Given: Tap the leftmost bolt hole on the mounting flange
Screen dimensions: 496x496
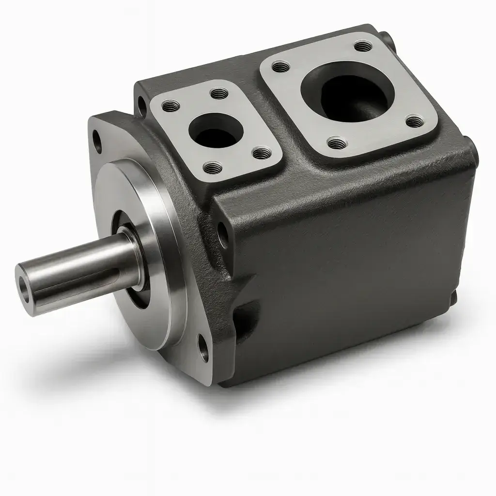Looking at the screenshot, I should click(97, 141).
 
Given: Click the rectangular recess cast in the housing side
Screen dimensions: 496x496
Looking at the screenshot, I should click(247, 315).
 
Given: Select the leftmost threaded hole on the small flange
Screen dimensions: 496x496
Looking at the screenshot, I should click(170, 105).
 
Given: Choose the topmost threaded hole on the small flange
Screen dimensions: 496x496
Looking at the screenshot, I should click(219, 93).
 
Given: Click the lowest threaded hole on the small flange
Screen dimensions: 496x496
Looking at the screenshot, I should click(213, 168).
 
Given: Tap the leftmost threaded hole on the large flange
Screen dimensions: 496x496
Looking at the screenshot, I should click(280, 66).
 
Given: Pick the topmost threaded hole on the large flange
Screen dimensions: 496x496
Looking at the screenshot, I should click(362, 46).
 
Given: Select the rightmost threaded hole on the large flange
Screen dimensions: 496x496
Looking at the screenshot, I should click(414, 121).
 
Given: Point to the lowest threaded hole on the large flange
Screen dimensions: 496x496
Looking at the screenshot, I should click(336, 142).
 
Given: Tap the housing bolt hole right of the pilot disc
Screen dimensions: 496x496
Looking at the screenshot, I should click(222, 235).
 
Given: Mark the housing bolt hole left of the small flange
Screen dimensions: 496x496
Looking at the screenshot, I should click(141, 105).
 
